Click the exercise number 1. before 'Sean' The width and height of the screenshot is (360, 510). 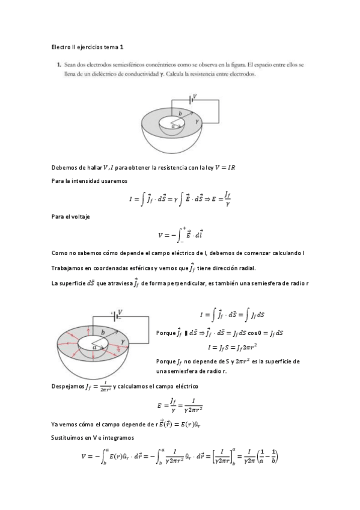click(x=58, y=64)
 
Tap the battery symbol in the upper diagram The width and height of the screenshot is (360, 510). click(x=192, y=99)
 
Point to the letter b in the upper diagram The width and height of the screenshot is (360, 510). click(x=179, y=113)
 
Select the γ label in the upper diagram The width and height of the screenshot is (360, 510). click(x=197, y=121)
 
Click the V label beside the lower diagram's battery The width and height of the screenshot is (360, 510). click(x=120, y=312)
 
